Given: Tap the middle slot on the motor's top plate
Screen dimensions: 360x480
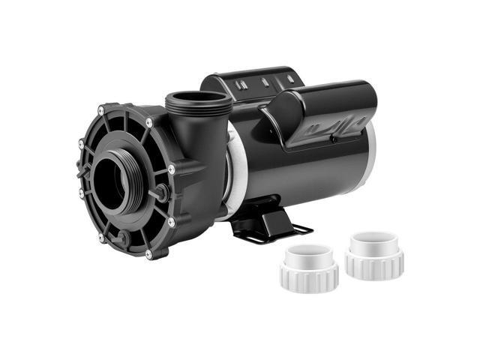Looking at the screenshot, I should coord(265,82).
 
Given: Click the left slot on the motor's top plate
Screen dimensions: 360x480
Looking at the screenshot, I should coord(240,85).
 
